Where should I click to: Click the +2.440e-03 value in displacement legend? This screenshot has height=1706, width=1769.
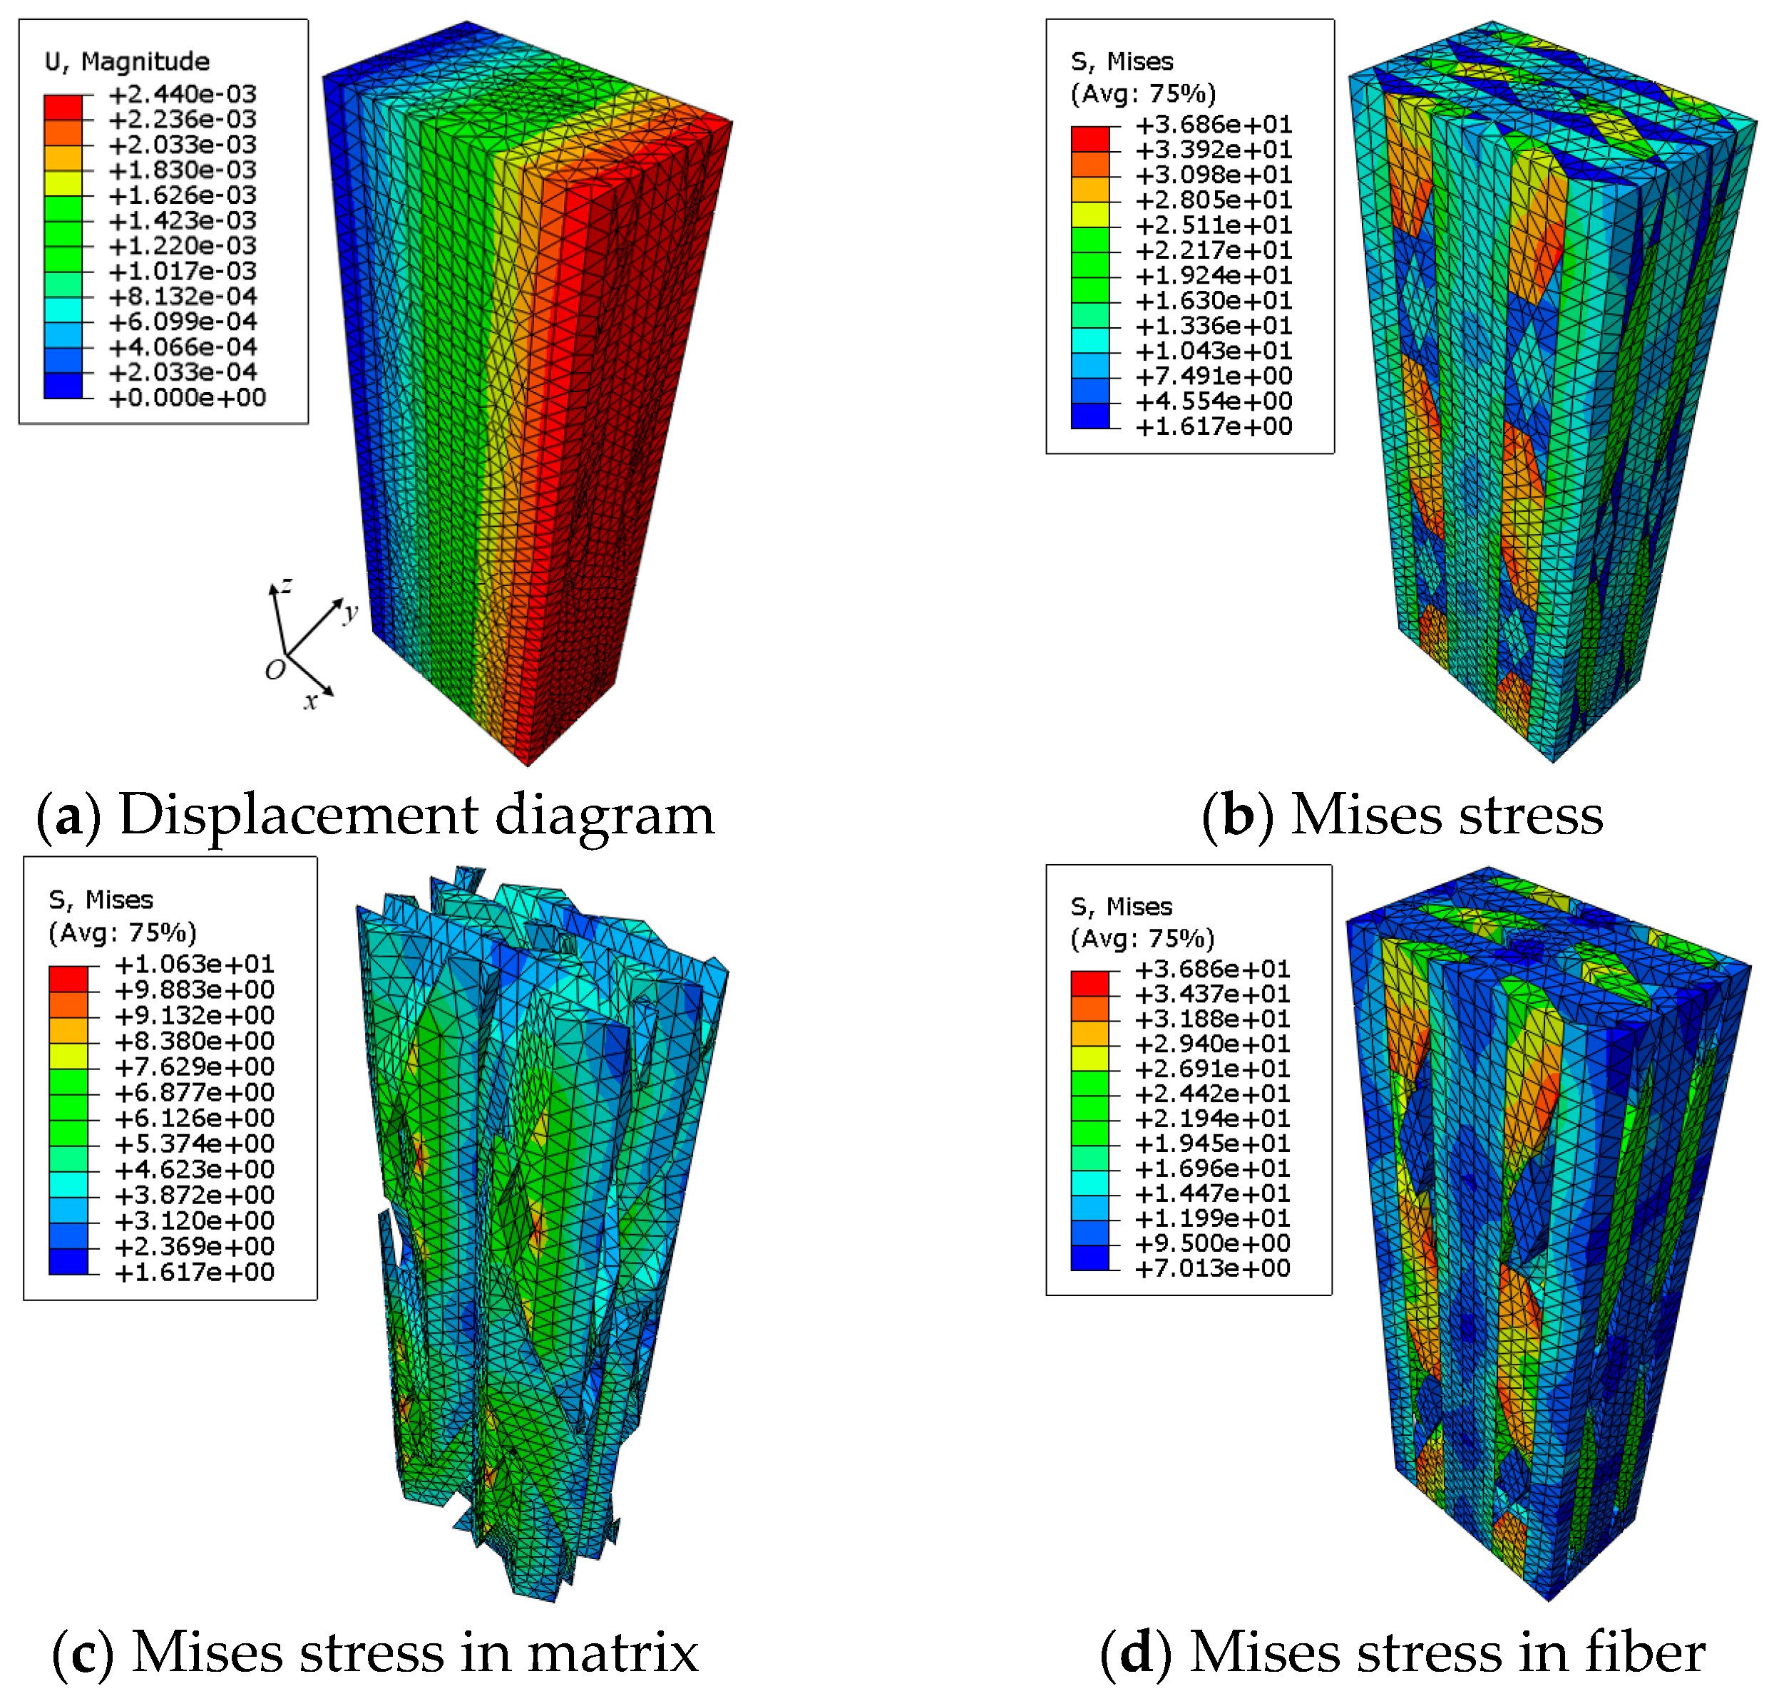[x=183, y=94]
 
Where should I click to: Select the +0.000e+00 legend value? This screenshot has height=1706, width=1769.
[x=187, y=397]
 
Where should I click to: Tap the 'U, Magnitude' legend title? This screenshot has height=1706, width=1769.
[x=127, y=61]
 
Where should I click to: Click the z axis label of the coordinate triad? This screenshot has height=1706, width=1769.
[x=286, y=585]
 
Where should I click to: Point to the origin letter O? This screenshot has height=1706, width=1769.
[x=275, y=669]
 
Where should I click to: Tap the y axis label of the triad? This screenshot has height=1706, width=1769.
[x=351, y=613]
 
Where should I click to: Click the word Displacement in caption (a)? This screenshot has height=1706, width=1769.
[x=298, y=815]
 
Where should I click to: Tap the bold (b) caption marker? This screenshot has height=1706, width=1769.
[x=1237, y=815]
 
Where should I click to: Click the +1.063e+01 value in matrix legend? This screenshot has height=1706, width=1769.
[x=193, y=964]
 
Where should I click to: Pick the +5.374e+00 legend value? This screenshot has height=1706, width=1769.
[x=193, y=1144]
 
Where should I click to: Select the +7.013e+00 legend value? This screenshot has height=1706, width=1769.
[x=1211, y=1268]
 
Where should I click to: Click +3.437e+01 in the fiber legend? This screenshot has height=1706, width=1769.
[x=1211, y=994]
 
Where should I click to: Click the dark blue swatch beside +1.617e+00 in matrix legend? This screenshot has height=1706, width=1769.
[x=68, y=1262]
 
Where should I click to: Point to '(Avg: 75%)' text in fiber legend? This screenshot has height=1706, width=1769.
[x=1143, y=939]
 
